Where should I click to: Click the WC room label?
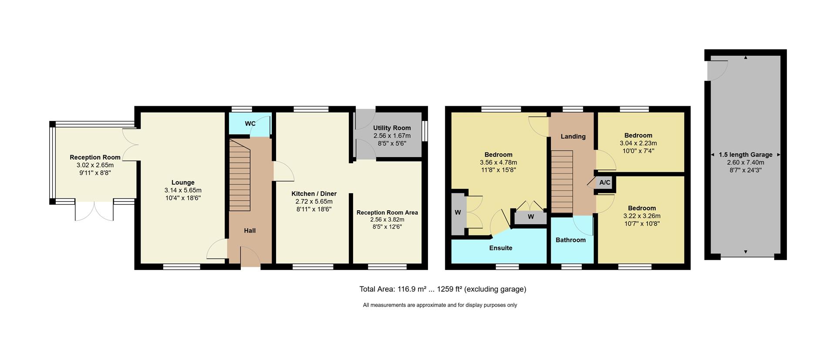pos(250,124)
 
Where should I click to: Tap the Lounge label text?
pos(183,182)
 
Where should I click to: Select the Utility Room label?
pos(392,128)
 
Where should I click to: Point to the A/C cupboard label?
pos(605,182)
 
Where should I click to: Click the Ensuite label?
pos(501,248)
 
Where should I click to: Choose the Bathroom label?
pos(570,240)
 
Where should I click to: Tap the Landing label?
pos(573,137)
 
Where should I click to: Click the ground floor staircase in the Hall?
pos(240,178)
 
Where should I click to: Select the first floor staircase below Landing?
pos(562,182)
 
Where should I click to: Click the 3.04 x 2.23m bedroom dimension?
pos(638,143)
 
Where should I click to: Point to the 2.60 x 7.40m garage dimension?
pos(745,162)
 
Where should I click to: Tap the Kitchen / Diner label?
pos(314,194)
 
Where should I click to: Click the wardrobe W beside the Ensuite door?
pos(531,217)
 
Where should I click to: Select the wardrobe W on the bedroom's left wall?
pos(458,213)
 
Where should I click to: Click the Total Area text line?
pos(442,289)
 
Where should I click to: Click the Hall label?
pos(249,231)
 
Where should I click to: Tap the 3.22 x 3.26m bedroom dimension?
pos(642,216)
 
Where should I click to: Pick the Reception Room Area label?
pos(387,213)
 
